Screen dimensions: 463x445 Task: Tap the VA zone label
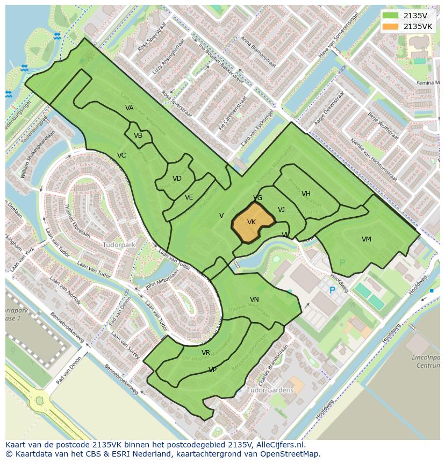click(130, 108)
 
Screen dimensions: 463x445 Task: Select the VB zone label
click(138, 136)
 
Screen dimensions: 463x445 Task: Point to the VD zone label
click(177, 179)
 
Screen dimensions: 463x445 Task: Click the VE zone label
click(189, 197)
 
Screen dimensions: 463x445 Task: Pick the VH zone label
click(306, 194)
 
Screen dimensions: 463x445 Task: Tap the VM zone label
click(366, 239)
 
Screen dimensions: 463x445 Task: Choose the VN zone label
click(254, 300)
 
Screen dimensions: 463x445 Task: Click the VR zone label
click(206, 353)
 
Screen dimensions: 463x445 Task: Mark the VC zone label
click(121, 155)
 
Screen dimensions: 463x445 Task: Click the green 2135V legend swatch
click(391, 16)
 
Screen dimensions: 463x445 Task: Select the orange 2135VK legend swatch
click(391, 26)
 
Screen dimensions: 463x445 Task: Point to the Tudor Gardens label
click(270, 390)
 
